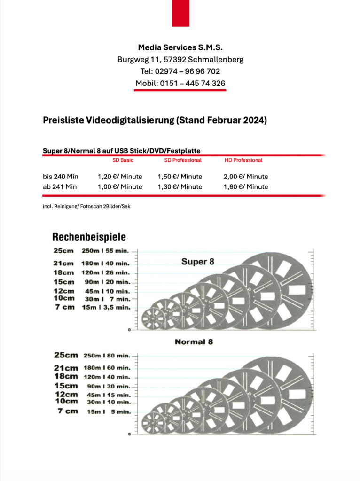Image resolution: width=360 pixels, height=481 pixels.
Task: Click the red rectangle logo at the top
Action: [180, 13]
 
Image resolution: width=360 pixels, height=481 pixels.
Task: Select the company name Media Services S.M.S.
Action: [180, 47]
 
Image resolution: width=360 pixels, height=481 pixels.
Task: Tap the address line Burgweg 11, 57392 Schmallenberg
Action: [180, 60]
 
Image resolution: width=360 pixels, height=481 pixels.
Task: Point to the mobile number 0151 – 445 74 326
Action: [193, 84]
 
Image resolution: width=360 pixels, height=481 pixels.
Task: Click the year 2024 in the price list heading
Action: [255, 120]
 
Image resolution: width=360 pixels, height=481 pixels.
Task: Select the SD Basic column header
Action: [123, 160]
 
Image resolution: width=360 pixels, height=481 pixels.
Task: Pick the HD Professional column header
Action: [243, 160]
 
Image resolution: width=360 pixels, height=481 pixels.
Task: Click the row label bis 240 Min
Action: [61, 177]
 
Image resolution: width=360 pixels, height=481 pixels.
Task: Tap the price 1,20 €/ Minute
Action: [120, 177]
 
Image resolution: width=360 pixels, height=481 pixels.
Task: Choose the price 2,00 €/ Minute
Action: [246, 177]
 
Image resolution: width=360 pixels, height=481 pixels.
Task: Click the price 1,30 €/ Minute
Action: [180, 187]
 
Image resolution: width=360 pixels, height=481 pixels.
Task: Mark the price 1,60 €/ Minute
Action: [246, 187]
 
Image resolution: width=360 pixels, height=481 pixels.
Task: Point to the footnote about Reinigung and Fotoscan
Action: [86, 206]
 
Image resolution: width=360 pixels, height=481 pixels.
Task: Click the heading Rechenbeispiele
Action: [89, 237]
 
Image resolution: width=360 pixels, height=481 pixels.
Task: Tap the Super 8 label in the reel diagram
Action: [198, 262]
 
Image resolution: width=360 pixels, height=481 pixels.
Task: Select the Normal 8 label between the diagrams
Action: [194, 341]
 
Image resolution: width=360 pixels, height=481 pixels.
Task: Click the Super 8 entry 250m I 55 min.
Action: [106, 251]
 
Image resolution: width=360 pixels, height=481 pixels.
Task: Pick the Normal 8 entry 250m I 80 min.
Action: [107, 356]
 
